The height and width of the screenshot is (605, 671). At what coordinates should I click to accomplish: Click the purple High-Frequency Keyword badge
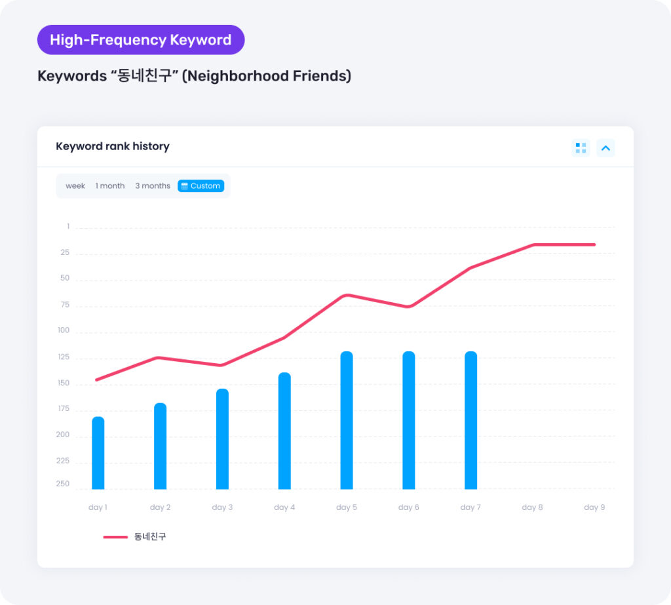(141, 40)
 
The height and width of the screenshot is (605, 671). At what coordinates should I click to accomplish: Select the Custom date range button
(201, 186)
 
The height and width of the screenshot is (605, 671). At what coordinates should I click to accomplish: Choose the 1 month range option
(110, 186)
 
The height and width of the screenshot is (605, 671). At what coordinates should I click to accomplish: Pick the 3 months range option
(153, 186)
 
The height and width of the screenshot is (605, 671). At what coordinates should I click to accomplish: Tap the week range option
(75, 186)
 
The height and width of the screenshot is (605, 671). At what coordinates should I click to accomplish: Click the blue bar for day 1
(98, 453)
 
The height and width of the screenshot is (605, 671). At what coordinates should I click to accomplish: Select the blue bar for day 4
(284, 431)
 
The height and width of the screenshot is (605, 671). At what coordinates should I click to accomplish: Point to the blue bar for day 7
(470, 420)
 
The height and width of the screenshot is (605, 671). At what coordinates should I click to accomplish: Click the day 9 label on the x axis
(594, 507)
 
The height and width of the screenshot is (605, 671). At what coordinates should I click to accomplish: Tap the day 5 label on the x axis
(347, 507)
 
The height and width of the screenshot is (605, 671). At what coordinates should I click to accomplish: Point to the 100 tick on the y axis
(64, 330)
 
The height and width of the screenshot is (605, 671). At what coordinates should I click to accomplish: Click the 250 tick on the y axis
(63, 484)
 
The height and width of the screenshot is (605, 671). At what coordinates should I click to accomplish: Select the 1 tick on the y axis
(67, 226)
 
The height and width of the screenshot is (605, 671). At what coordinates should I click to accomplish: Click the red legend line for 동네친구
(115, 537)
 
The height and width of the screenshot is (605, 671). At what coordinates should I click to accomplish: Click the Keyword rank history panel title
(113, 146)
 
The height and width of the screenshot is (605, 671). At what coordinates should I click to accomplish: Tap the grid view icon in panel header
(581, 148)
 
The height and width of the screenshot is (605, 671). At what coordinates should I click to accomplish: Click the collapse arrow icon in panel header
(605, 148)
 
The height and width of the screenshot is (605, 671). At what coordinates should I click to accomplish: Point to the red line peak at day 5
(347, 295)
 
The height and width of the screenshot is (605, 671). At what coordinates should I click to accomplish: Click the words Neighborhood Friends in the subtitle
(266, 76)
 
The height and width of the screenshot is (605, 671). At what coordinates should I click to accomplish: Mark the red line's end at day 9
(594, 244)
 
